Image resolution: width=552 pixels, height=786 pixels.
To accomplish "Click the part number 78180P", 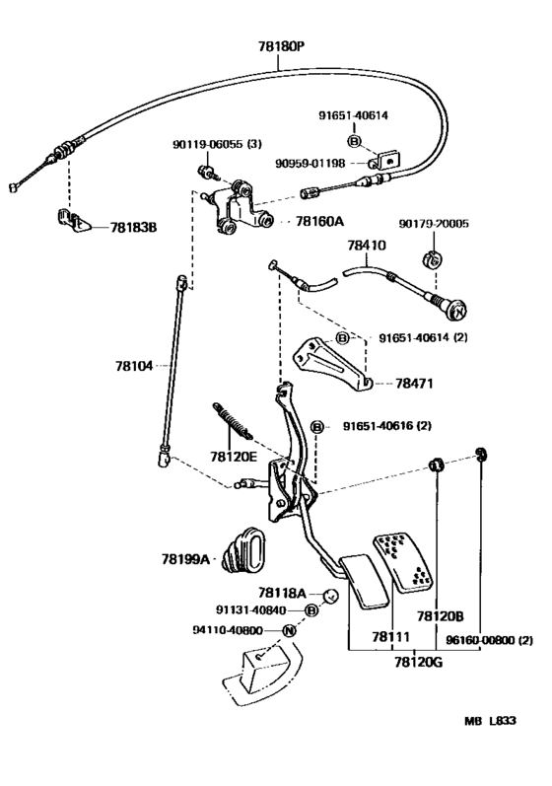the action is pyautogui.click(x=282, y=46).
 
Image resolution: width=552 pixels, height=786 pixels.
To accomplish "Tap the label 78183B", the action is pyautogui.click(x=133, y=228).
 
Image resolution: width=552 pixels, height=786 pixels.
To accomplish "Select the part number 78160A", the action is pyautogui.click(x=319, y=221).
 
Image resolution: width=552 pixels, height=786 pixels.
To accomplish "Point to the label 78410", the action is pyautogui.click(x=367, y=246).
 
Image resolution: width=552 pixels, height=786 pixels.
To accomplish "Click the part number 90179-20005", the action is pyautogui.click(x=434, y=224).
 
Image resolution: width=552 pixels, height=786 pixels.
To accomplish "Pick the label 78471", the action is pyautogui.click(x=414, y=384).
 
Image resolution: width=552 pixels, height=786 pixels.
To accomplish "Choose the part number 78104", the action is pyautogui.click(x=134, y=366).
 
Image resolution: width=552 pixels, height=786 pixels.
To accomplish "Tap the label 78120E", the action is pyautogui.click(x=234, y=457).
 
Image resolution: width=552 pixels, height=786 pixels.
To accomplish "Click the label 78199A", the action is pyautogui.click(x=185, y=559).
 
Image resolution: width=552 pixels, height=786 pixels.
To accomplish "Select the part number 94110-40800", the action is pyautogui.click(x=228, y=630).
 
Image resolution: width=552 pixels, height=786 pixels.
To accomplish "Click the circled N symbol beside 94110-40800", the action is pyautogui.click(x=290, y=630).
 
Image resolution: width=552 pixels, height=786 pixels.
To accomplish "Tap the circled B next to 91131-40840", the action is pyautogui.click(x=311, y=610).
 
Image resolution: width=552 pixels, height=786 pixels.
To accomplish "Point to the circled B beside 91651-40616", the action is pyautogui.click(x=317, y=427).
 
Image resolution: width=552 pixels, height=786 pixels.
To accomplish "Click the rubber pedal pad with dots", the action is pyautogui.click(x=404, y=562).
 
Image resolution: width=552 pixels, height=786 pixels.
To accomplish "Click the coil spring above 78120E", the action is pyautogui.click(x=233, y=421).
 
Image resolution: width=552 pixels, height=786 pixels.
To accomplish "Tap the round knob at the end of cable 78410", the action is pyautogui.click(x=457, y=311).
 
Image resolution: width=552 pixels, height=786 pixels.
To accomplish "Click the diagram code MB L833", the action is pyautogui.click(x=490, y=721).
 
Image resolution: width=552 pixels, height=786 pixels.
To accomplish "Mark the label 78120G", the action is pyautogui.click(x=419, y=662).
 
